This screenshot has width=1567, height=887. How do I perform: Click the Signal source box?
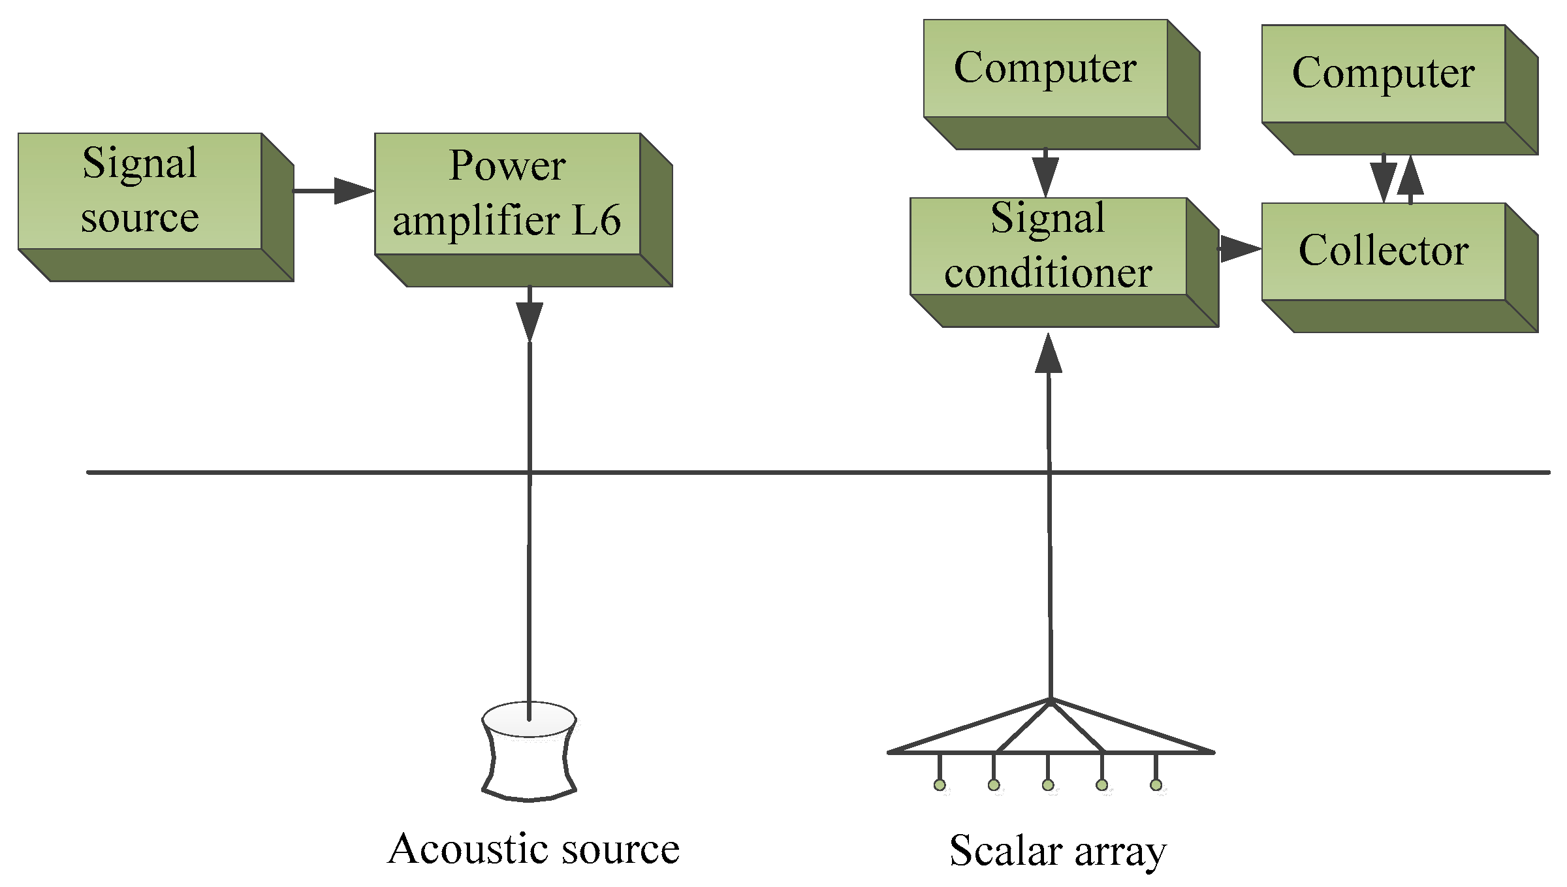point(140,191)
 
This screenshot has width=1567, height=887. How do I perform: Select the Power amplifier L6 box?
point(507,194)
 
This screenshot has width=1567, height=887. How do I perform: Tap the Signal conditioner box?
point(1048,246)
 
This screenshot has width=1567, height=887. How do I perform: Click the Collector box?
point(1383,251)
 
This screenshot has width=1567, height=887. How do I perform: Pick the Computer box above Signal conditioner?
point(1045,69)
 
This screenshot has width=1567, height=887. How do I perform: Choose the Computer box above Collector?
point(1383,74)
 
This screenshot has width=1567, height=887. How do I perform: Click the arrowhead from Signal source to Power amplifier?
point(353,191)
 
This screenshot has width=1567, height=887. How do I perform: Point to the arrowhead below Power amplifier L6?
point(530,321)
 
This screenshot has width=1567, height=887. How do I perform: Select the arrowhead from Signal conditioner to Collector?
point(1239,249)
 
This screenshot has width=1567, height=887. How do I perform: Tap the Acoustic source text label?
point(533,849)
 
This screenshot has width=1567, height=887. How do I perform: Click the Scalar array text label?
point(1058,851)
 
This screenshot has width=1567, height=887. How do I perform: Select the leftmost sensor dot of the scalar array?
point(940,785)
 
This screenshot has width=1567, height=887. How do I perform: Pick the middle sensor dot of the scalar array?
point(1048,785)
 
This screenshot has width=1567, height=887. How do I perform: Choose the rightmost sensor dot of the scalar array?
point(1156,785)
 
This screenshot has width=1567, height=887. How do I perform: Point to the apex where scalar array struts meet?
point(1051,701)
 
